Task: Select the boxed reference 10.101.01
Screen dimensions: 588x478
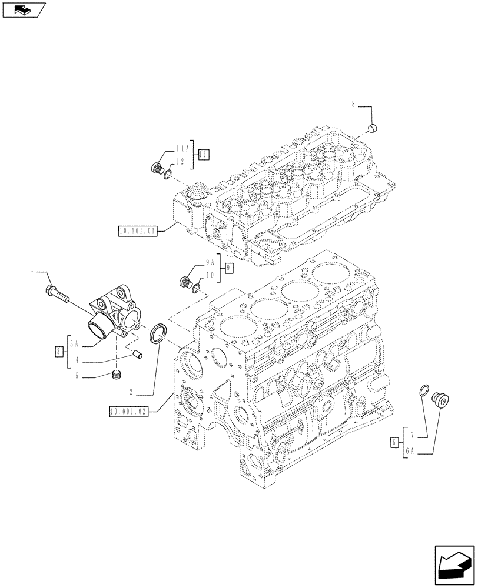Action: pyautogui.click(x=137, y=232)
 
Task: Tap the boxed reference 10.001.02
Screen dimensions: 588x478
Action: pyautogui.click(x=128, y=412)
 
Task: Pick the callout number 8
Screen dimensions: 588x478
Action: pyautogui.click(x=353, y=105)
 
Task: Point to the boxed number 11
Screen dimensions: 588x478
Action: pyautogui.click(x=203, y=155)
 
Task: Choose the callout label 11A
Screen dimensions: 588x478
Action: pyautogui.click(x=182, y=149)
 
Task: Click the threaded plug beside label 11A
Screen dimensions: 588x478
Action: pyautogui.click(x=157, y=168)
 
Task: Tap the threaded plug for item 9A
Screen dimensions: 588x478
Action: pyautogui.click(x=185, y=282)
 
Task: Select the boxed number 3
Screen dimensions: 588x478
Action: pyautogui.click(x=58, y=352)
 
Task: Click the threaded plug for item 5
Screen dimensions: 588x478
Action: pyautogui.click(x=118, y=374)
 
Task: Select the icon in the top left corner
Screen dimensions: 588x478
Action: pyautogui.click(x=24, y=9)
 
